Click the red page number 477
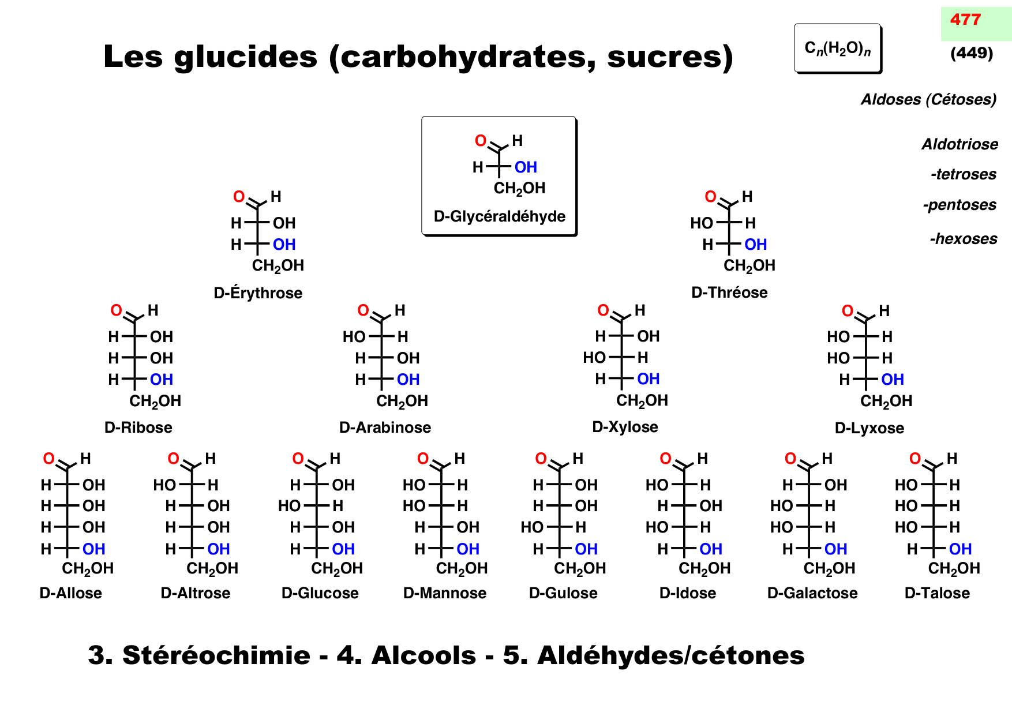965,20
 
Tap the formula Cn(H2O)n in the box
837,48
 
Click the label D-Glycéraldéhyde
499,216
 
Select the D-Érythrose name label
258,293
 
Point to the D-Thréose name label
729,293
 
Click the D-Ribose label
138,428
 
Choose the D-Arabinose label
385,428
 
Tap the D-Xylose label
625,427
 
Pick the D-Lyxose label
869,428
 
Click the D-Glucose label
320,593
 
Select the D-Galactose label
812,593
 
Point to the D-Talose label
937,593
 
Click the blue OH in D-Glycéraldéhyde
526,167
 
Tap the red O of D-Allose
49,459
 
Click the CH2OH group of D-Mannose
462,569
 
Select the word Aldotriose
959,144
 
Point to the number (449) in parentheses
972,54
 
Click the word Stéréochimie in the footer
216,655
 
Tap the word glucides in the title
245,57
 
